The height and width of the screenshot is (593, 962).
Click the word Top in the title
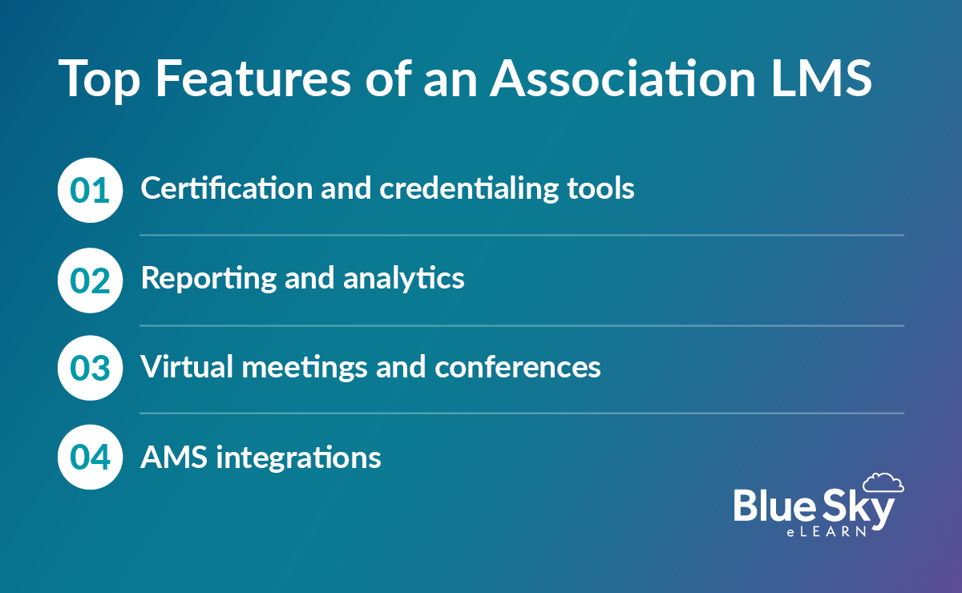pyautogui.click(x=97, y=79)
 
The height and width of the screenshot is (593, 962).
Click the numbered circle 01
pyautogui.click(x=90, y=190)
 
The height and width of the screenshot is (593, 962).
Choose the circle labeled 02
pyautogui.click(x=90, y=279)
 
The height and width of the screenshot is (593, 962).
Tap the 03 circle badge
pyautogui.click(x=90, y=368)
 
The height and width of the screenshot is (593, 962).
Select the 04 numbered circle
pyautogui.click(x=90, y=457)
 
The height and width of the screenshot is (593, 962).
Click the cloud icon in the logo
pyautogui.click(x=883, y=482)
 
